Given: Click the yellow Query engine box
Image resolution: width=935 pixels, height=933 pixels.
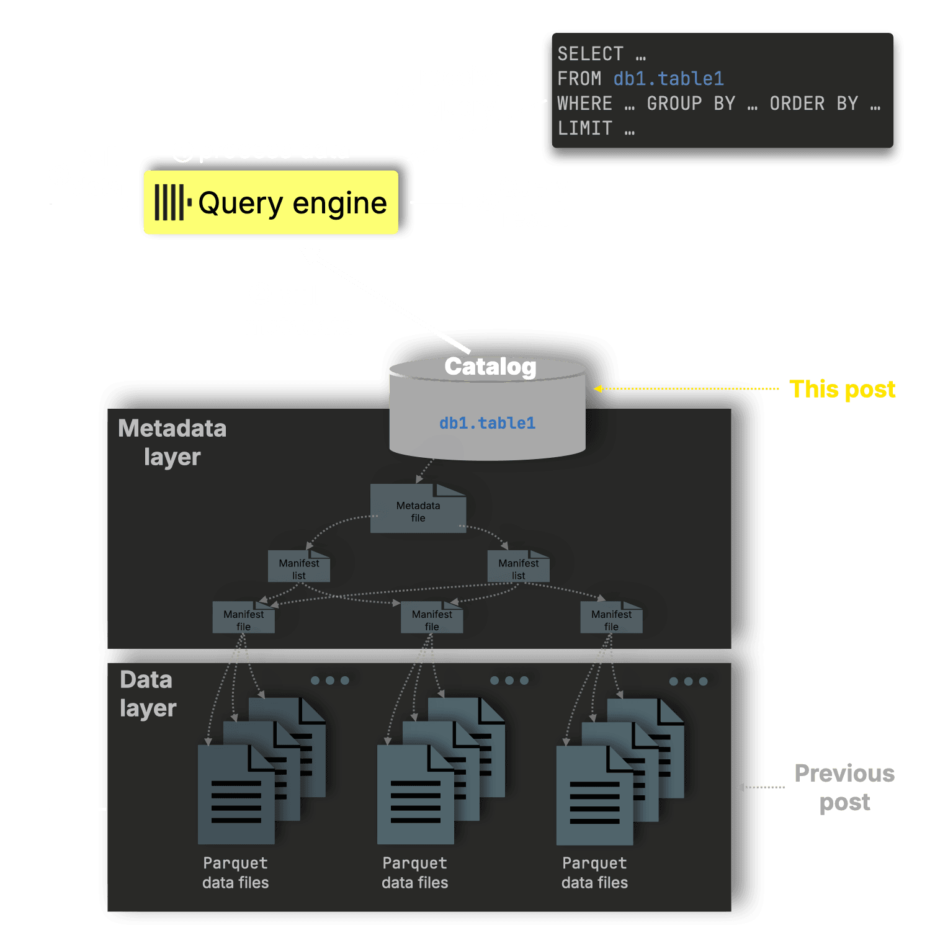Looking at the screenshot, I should point(271,203).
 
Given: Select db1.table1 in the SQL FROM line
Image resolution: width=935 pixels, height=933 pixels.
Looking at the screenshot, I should point(668,79).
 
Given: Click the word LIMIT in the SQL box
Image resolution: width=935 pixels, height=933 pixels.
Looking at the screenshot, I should point(584,128).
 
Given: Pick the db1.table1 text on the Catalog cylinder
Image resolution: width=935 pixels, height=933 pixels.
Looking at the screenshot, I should point(487,423).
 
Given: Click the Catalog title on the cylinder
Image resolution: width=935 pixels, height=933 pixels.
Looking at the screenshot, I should point(490,367).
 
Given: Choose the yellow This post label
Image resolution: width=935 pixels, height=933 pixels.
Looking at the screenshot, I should point(842,390).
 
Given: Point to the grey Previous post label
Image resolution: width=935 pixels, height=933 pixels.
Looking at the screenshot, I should point(844,787).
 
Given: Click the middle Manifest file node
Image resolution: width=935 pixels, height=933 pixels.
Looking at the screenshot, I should point(432,619).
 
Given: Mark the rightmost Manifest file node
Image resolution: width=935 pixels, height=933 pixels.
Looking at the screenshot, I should point(611,619).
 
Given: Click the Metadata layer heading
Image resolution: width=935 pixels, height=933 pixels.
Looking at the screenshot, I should point(172,442).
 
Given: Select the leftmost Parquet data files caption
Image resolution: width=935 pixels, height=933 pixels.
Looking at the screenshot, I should point(236,873).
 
